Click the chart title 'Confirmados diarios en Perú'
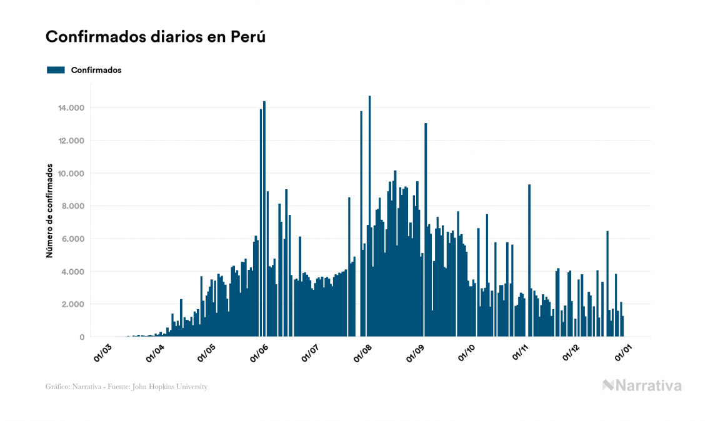(x=156, y=37)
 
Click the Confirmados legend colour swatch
(x=56, y=70)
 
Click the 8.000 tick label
(x=74, y=206)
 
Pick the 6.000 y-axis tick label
(x=74, y=239)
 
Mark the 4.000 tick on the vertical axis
(x=74, y=272)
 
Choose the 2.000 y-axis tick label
(x=74, y=305)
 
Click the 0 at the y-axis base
(x=82, y=337)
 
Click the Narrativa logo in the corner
(x=642, y=385)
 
